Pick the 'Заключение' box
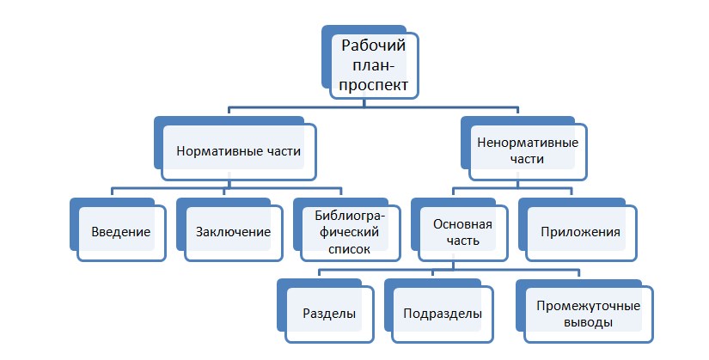(x=233, y=232)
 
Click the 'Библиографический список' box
(x=349, y=232)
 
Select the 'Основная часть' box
(x=462, y=232)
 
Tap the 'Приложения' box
(x=580, y=232)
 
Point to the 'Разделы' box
(x=330, y=314)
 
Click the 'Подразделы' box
(x=442, y=314)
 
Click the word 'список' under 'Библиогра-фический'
(x=349, y=250)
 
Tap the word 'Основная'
(x=462, y=224)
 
